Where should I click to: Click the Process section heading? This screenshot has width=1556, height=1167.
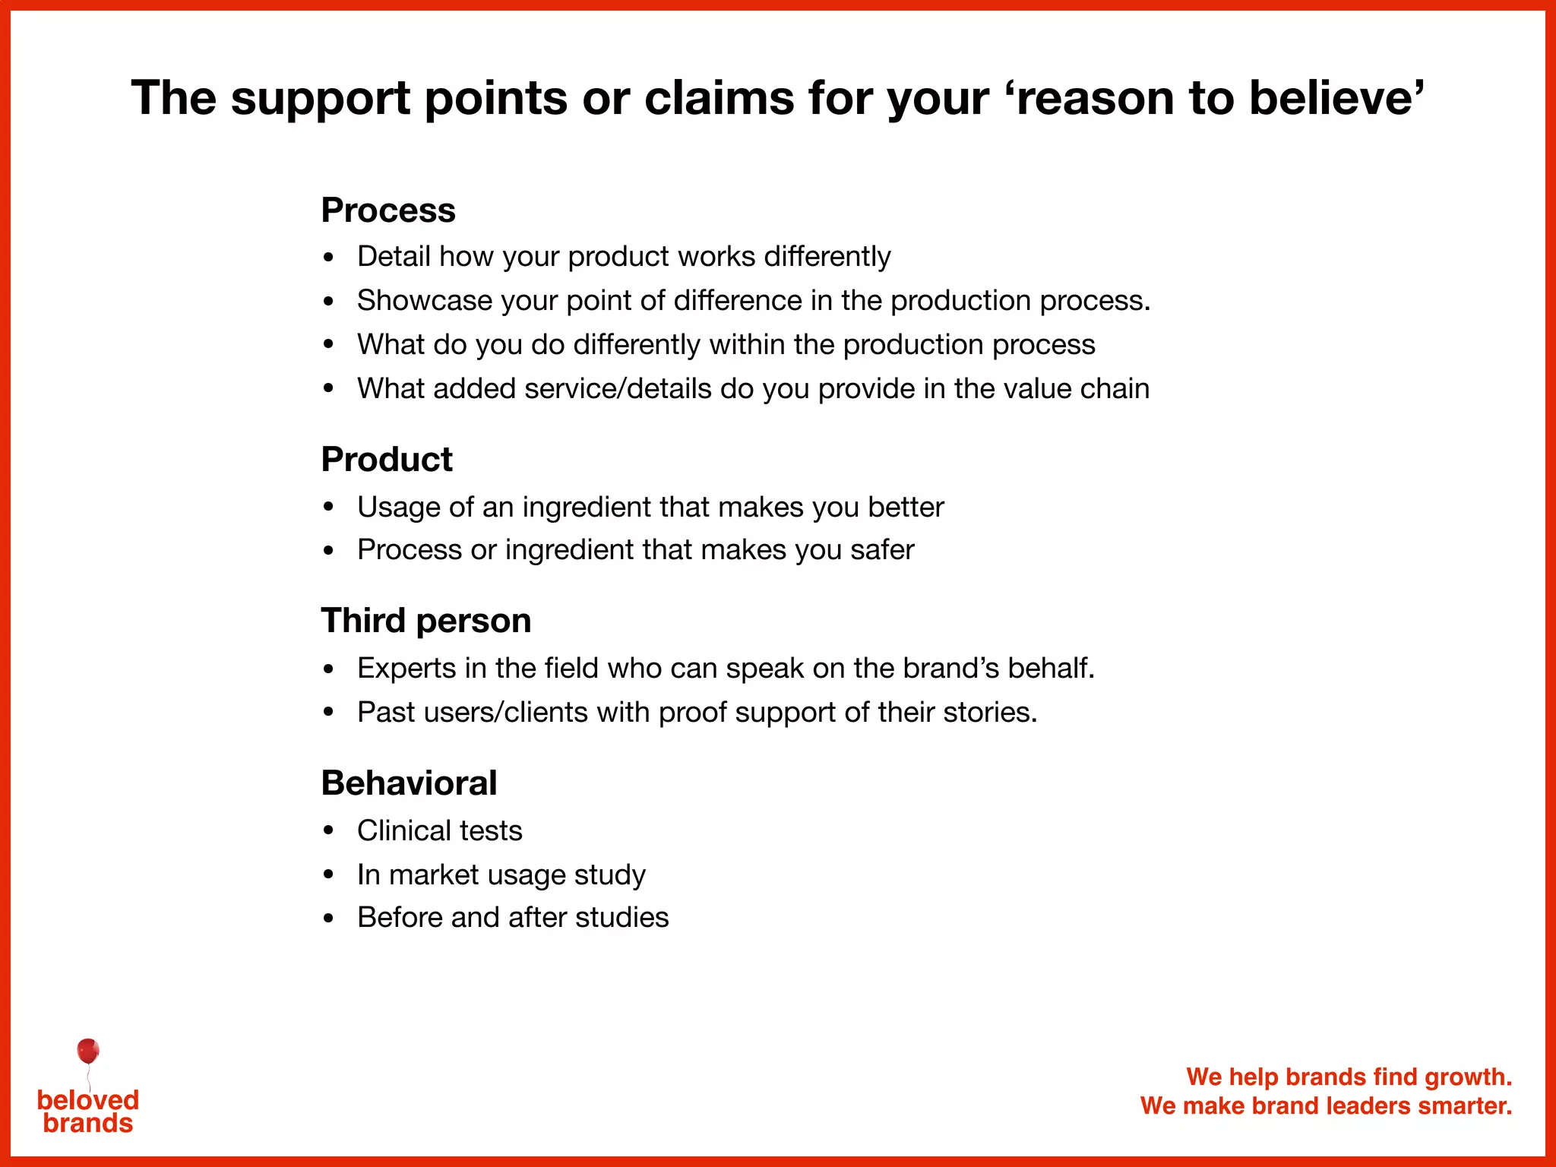tap(387, 210)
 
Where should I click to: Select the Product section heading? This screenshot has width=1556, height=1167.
tap(386, 460)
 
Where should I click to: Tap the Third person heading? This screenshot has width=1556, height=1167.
tap(425, 621)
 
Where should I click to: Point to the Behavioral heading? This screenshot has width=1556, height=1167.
tap(409, 783)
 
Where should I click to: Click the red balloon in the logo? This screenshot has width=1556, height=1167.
tap(88, 1052)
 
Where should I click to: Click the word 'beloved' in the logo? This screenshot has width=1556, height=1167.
tap(88, 1099)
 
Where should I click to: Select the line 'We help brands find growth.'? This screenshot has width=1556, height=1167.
tap(1349, 1077)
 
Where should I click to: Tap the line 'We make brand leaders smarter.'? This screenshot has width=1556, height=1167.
tap(1326, 1105)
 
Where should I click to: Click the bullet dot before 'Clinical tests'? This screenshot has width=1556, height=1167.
tap(328, 831)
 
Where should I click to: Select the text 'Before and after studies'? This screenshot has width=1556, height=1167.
tap(513, 918)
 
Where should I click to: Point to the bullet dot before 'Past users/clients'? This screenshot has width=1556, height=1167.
tap(328, 713)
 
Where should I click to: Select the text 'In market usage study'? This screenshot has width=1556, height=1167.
tap(501, 875)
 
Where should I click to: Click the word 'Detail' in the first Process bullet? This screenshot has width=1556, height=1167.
tap(394, 257)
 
